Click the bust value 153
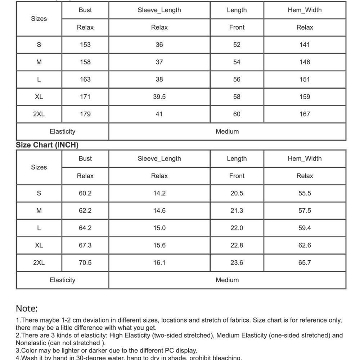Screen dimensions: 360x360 (85, 45)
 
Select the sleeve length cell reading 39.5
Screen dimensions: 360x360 (159, 96)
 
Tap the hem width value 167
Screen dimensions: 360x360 (305, 114)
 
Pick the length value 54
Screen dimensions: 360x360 (237, 62)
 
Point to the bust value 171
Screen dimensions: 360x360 (85, 96)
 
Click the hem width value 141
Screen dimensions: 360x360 (305, 45)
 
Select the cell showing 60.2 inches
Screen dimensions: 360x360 (85, 193)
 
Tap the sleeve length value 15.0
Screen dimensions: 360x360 (159, 228)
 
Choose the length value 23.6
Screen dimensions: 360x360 (237, 262)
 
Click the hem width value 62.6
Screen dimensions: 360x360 (305, 245)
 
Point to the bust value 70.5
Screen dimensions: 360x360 (85, 262)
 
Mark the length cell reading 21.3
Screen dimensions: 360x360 (237, 211)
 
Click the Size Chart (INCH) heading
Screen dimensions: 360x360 (47, 145)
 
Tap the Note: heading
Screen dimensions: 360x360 (27, 309)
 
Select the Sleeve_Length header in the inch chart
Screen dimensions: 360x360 (159, 159)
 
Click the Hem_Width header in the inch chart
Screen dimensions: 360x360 (305, 159)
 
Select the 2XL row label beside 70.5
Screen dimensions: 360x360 (39, 262)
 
